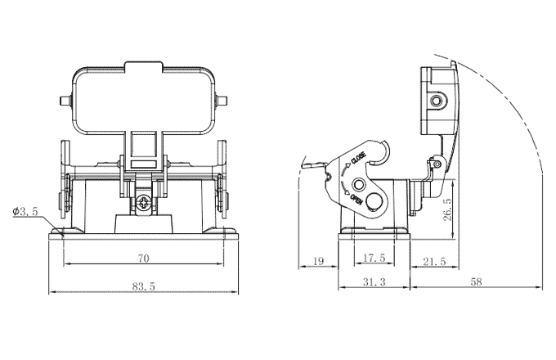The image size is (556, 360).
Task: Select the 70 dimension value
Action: (142, 258)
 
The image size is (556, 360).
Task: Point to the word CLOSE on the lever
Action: (358, 155)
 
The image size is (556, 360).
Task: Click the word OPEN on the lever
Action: (356, 200)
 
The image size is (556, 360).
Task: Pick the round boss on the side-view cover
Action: (438, 101)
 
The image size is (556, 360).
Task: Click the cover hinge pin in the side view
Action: (438, 168)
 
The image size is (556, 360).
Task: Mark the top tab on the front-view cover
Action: (143, 65)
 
